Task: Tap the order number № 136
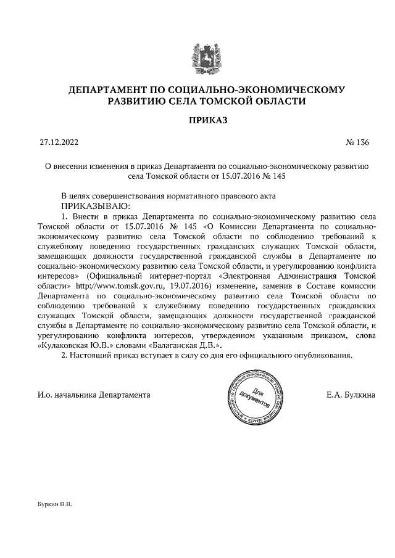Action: [358, 142]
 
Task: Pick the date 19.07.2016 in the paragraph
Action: [188, 286]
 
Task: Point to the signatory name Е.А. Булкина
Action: [351, 394]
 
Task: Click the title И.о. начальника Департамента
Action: [94, 394]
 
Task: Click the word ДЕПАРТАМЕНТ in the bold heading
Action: [109, 91]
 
